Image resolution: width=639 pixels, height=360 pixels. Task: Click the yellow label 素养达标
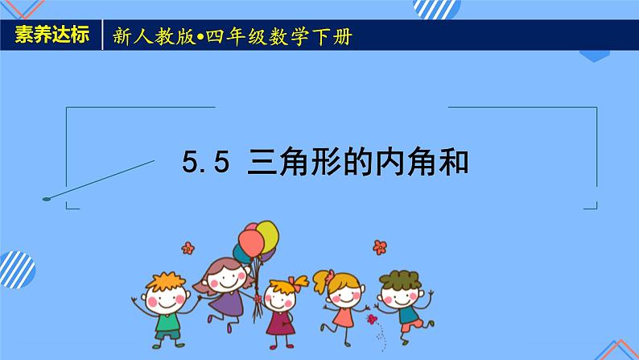pyautogui.click(x=54, y=37)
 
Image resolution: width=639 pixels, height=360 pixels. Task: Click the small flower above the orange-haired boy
pyautogui.click(x=188, y=246)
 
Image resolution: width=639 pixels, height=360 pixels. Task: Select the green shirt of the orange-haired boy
pyautogui.click(x=167, y=323)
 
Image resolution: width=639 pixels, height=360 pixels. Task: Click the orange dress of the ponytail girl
pyautogui.click(x=344, y=317)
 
